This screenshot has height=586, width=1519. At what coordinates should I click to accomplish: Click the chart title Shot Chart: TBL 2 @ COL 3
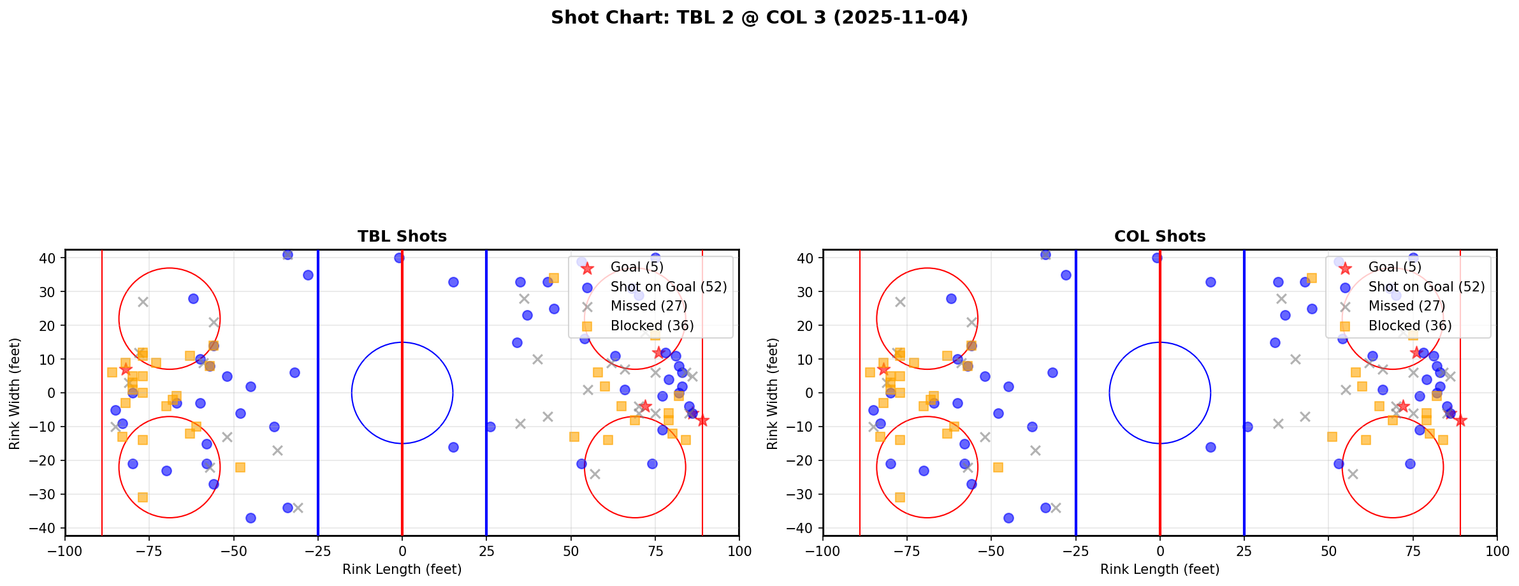(759, 18)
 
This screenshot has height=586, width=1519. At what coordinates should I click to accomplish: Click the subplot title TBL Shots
(402, 237)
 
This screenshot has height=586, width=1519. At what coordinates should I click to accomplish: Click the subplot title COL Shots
(1159, 237)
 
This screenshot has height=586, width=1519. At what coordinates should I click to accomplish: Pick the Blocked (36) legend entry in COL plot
(1410, 326)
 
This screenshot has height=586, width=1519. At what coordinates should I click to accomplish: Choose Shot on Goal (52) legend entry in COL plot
(1426, 287)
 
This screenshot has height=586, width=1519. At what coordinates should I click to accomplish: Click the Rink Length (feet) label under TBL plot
(402, 569)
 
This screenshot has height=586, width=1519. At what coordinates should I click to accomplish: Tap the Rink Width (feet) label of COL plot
(773, 393)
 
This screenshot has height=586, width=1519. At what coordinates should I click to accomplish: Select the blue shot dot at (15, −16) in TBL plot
(453, 447)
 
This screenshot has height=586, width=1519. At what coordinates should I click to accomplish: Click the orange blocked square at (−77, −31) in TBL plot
(143, 497)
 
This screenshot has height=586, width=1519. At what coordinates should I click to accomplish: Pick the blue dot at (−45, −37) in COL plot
(1008, 518)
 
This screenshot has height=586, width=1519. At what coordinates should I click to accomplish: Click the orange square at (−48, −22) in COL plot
(998, 467)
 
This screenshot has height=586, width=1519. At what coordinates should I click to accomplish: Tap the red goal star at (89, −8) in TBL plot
(702, 420)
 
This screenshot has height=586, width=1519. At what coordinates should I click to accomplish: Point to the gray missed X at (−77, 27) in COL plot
(900, 302)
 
